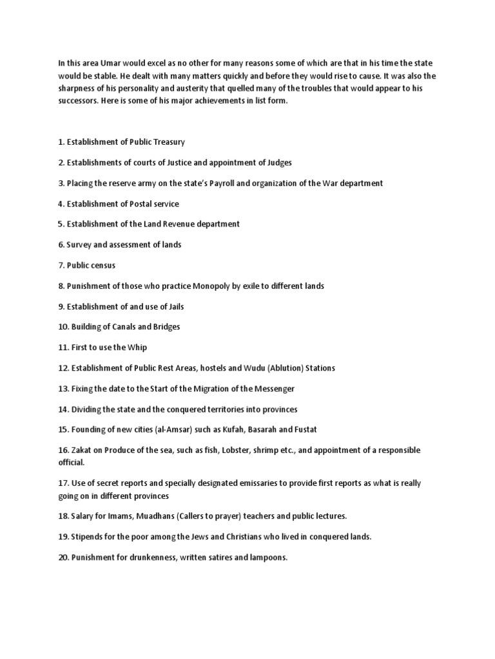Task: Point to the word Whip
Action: point(138,348)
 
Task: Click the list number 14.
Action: point(63,409)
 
